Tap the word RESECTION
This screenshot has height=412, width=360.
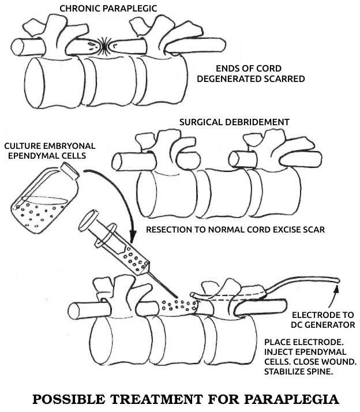pos(171,230)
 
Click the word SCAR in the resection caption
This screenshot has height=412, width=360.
pos(313,230)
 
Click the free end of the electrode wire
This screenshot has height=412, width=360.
pos(337,280)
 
